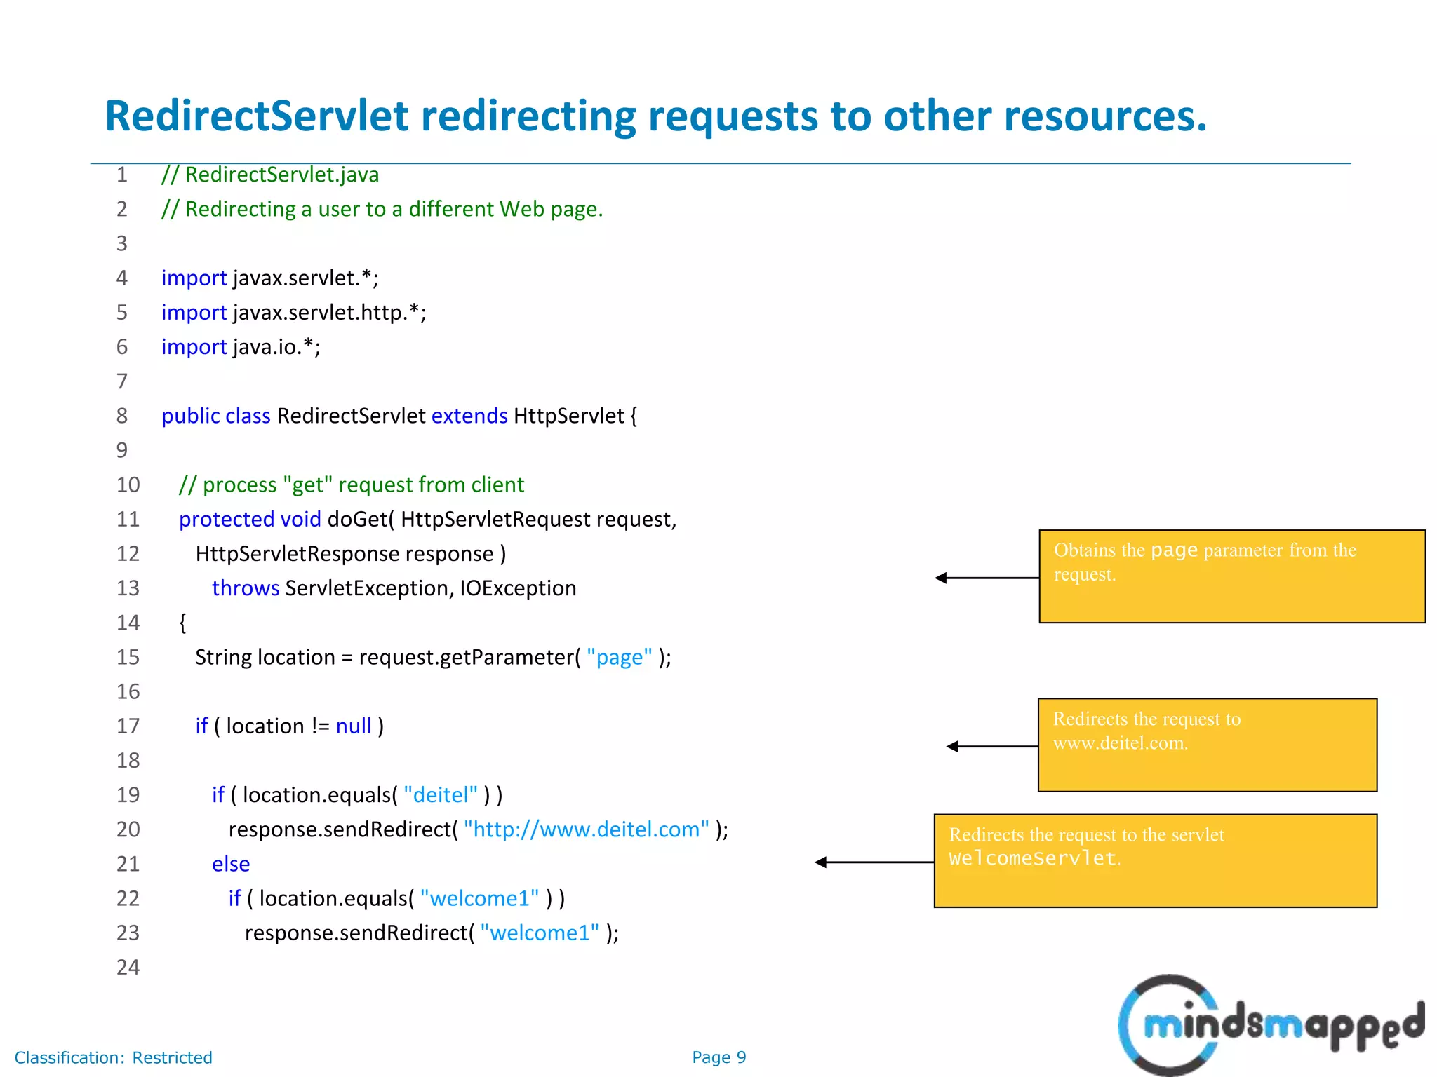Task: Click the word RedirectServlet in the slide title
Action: coord(257,116)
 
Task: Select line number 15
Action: coord(128,657)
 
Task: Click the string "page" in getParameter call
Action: coord(619,658)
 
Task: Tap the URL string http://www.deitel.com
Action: coord(587,829)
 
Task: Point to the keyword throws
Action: coord(246,588)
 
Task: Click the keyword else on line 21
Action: coord(231,864)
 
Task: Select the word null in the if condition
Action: coord(354,726)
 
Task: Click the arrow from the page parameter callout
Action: coord(986,578)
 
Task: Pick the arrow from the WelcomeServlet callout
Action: coord(874,862)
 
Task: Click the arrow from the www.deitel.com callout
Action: coord(991,747)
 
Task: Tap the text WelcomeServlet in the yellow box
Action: coord(1032,859)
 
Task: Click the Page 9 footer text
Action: coord(718,1057)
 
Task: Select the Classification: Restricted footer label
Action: coord(114,1057)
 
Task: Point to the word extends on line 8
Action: coord(469,416)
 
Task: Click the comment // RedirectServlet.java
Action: coord(270,175)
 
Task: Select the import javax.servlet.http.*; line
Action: coord(293,313)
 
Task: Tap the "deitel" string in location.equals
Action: coord(441,795)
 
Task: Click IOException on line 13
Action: coord(518,588)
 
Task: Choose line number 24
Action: coord(128,968)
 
